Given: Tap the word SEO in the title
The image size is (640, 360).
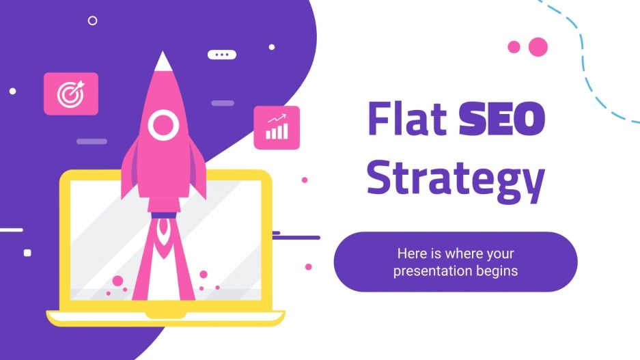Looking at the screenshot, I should point(502,118).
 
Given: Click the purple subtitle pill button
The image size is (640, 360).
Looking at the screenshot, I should point(456,262).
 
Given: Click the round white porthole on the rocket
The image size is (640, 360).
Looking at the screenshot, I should point(163,125).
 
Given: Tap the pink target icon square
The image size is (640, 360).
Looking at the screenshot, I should point(70,94).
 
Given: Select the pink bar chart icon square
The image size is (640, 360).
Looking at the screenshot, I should point(277,127).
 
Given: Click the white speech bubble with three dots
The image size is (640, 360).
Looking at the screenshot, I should point(221,55).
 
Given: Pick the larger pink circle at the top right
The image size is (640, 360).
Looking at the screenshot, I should point(538,46).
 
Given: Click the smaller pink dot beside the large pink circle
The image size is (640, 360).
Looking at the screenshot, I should point(514,46).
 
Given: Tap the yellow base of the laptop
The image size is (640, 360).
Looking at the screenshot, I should point(165,316).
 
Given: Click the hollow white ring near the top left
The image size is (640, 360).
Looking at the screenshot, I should point(92,20).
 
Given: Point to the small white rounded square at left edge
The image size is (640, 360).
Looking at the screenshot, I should point(27,253).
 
